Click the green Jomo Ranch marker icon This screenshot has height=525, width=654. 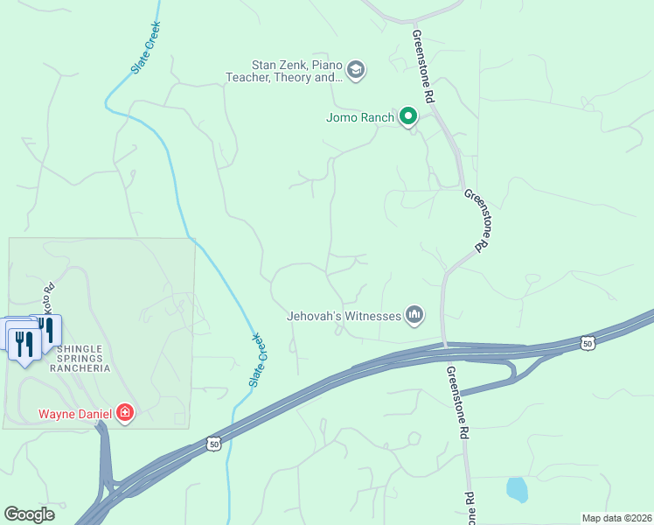(x=408, y=116)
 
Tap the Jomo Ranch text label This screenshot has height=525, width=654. (x=360, y=117)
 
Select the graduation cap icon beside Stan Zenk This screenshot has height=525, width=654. (x=355, y=70)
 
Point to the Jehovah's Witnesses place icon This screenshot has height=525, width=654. (x=414, y=315)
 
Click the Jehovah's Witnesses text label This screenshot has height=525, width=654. (x=344, y=316)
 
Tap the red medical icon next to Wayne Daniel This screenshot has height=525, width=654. (x=125, y=412)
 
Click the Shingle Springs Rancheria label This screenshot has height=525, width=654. (x=84, y=358)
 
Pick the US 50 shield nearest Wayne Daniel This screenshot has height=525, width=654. (x=214, y=444)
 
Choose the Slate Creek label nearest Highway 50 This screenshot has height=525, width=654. (x=256, y=360)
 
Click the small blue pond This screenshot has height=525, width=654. (x=517, y=489)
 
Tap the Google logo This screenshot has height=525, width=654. (x=29, y=514)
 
